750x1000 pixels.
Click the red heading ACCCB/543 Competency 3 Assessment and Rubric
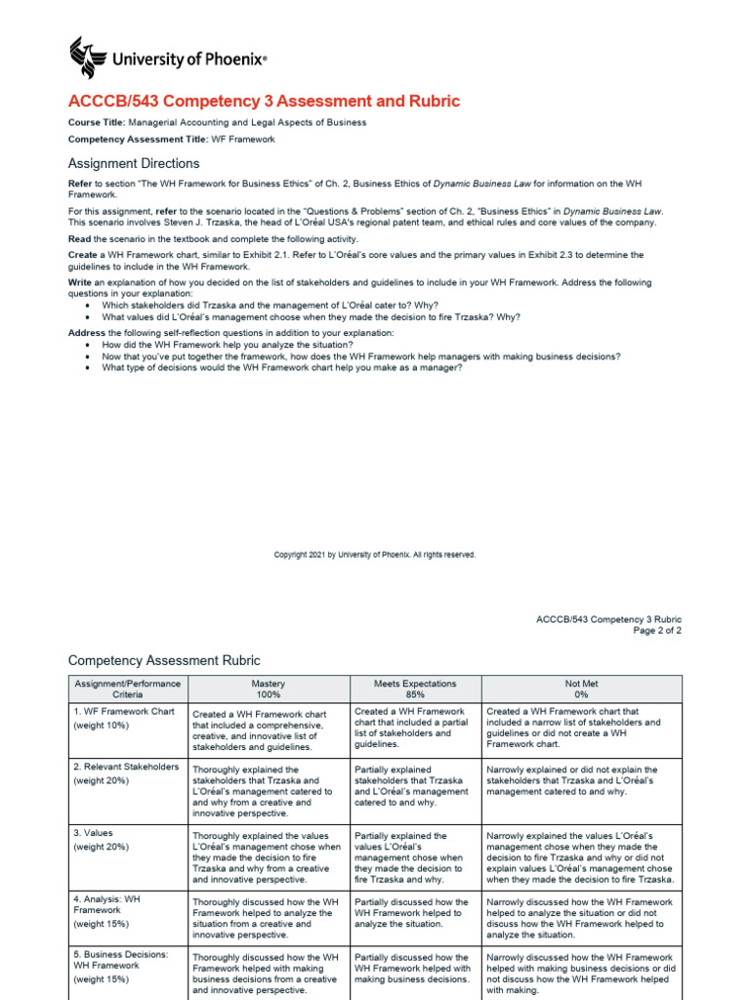pos(264,102)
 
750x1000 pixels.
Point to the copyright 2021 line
pos(375,555)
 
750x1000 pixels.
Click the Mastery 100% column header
pos(269,689)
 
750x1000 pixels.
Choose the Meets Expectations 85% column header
pos(415,689)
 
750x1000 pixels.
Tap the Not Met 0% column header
pos(582,689)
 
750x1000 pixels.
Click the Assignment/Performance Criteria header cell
pos(128,689)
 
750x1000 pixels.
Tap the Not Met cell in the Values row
pos(580,857)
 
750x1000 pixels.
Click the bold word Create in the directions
pos(82,256)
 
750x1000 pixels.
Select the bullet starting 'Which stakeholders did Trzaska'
pos(259,305)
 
